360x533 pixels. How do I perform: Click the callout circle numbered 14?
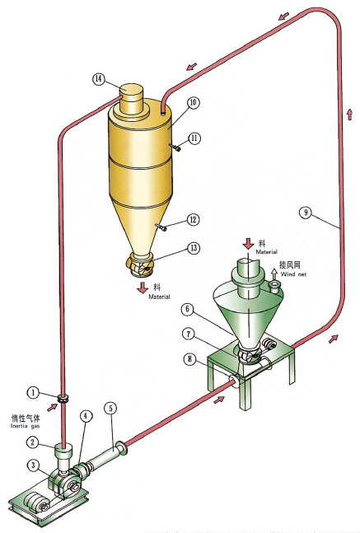pyautogui.click(x=99, y=79)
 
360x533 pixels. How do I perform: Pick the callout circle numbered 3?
pyautogui.click(x=32, y=466)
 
